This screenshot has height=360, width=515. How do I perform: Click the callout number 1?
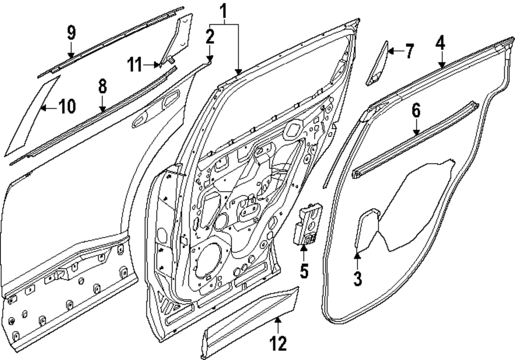tap(224, 10)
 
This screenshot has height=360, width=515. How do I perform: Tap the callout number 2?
tap(209, 36)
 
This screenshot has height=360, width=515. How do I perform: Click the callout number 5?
tap(304, 270)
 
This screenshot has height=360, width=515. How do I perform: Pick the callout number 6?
tap(416, 110)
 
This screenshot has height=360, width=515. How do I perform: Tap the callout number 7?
tap(408, 51)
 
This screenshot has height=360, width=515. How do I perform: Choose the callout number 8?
tap(102, 86)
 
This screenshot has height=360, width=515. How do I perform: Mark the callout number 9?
tap(71, 33)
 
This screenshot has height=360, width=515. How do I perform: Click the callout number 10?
tap(66, 107)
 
